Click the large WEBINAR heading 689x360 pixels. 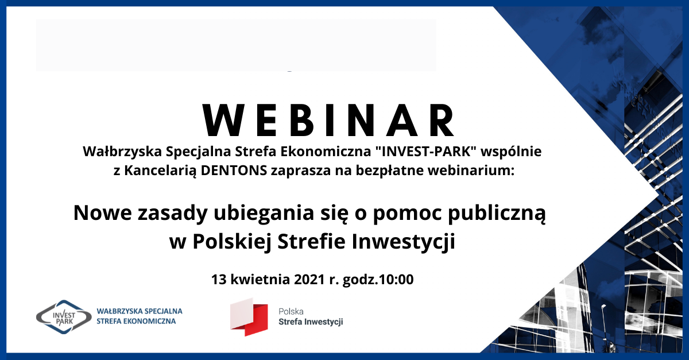328,120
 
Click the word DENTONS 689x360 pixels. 234,171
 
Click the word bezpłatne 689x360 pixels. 390,171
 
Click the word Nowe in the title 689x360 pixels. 103,213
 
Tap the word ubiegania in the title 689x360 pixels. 264,214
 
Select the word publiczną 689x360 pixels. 497,214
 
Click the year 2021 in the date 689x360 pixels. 309,280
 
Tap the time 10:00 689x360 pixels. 397,280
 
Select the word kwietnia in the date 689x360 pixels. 260,280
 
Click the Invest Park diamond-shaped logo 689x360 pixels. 64,318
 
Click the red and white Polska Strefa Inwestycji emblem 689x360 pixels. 249,318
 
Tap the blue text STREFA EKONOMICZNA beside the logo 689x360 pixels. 136,322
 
